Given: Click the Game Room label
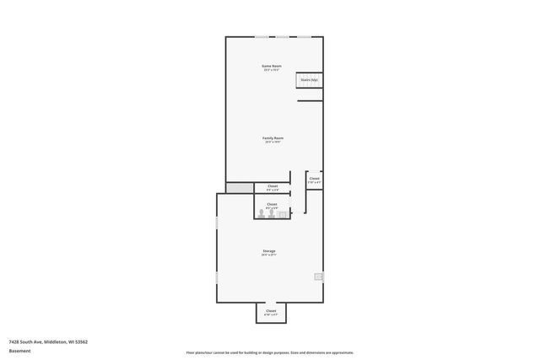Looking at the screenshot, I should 272,66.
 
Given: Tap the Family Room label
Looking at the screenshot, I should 273,138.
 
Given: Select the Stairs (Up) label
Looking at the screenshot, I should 309,80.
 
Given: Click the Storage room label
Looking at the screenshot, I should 268,250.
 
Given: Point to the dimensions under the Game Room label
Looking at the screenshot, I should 272,70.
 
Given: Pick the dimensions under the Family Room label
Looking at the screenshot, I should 273,142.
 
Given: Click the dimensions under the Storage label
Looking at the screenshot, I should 268,255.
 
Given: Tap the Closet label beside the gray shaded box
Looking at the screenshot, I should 273,185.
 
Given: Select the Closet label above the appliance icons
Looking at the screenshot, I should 272,204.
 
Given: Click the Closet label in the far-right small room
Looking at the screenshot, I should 314,178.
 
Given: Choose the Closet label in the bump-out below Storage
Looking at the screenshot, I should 271,311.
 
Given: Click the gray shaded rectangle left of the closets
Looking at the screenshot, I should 239,187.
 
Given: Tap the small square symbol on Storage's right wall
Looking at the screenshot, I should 318,277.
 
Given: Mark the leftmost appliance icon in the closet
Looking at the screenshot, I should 262,214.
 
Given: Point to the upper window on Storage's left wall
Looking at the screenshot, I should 217,223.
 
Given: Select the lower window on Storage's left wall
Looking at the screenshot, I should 217,277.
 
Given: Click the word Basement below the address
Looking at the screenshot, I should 19,351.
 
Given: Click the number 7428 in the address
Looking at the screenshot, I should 13,341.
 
